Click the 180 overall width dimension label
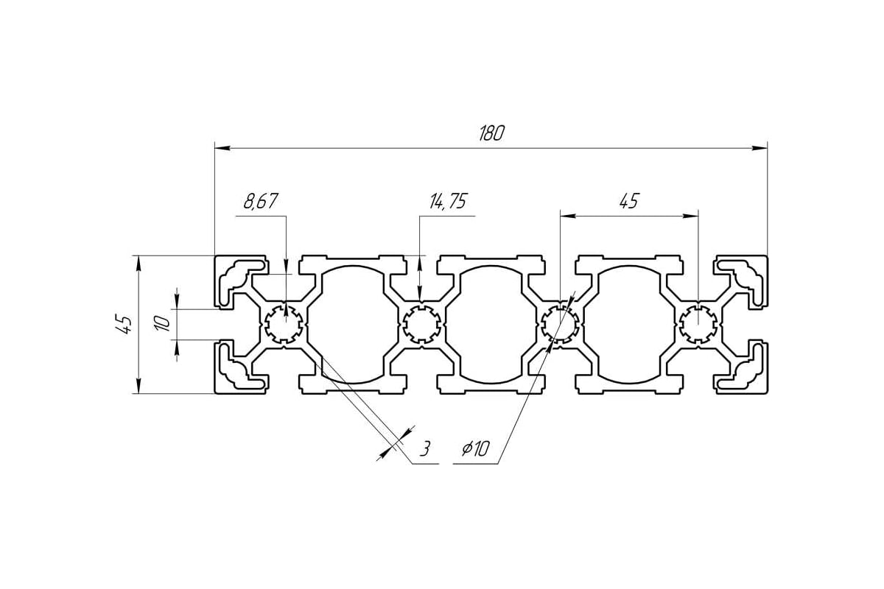point(491,133)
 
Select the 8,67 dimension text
point(261,201)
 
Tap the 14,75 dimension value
point(448,201)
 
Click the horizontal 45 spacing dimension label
point(628,201)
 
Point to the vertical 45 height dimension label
point(124,325)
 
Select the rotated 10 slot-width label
point(163,323)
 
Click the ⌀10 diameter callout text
point(476,448)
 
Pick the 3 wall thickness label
point(424,448)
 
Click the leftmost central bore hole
point(284,325)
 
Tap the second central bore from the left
point(422,325)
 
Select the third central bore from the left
point(561,325)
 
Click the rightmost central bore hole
point(698,325)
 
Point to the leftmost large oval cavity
point(352,325)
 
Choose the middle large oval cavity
point(491,325)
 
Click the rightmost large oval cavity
point(629,325)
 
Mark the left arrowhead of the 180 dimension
point(222,148)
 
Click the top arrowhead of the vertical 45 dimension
point(138,263)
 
